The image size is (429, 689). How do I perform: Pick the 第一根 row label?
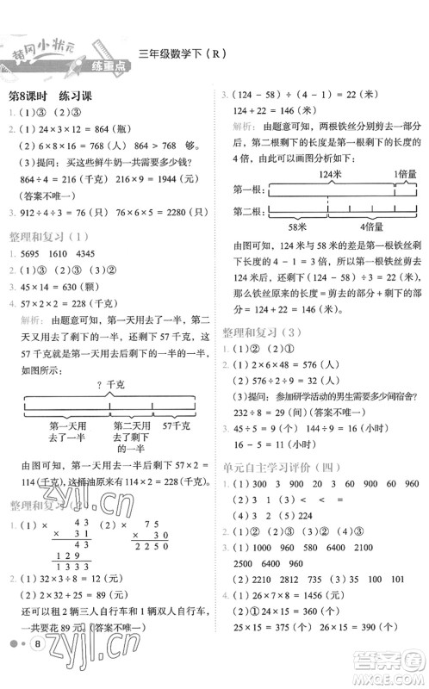[246, 188]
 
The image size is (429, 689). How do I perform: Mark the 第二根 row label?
[246, 212]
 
